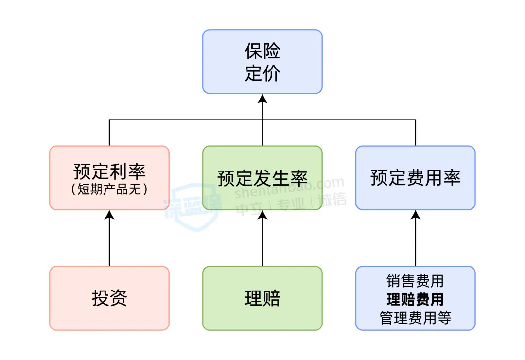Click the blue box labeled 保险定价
click(262, 62)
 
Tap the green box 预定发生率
click(262, 178)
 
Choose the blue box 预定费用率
click(415, 178)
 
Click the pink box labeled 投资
click(109, 298)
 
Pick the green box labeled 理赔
click(262, 298)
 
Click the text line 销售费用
click(415, 281)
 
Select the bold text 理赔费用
click(415, 299)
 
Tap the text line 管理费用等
click(415, 317)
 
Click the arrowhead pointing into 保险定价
click(262, 99)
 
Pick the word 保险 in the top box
click(262, 51)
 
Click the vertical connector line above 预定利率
click(109, 133)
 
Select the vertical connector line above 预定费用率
click(415, 133)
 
